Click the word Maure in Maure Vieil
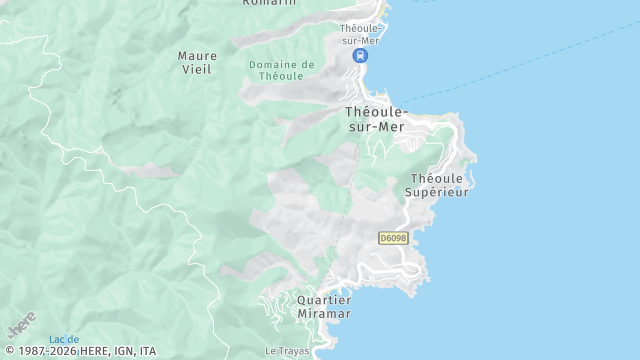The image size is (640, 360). click(197, 56)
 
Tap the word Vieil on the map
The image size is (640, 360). click(197, 70)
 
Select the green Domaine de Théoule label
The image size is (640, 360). click(281, 71)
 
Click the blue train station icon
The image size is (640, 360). click(360, 56)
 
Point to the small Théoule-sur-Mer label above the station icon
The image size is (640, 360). click(361, 34)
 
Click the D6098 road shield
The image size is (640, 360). click(392, 238)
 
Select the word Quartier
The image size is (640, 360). click(324, 300)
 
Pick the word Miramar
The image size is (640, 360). click(324, 314)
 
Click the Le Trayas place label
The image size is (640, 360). click(285, 351)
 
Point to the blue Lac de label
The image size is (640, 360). click(64, 340)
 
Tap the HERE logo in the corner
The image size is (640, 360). click(22, 325)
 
